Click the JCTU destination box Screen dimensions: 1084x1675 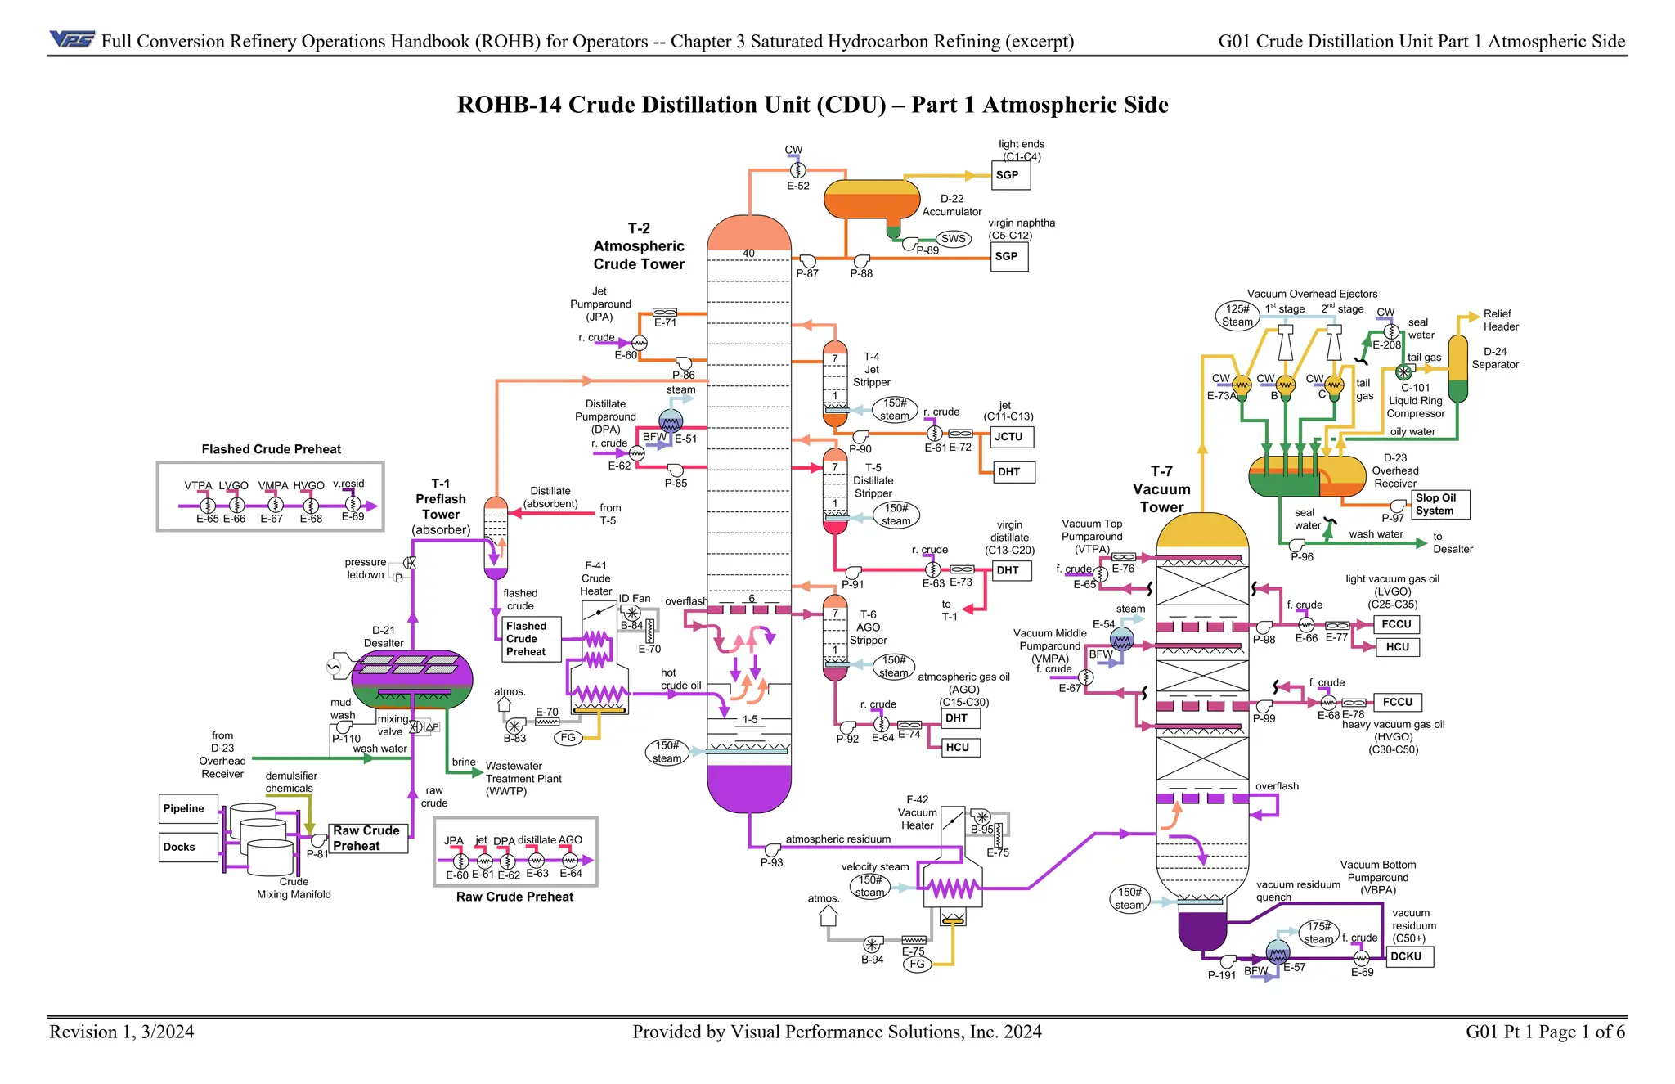tap(1011, 437)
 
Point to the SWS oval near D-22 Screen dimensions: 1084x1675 tap(953, 239)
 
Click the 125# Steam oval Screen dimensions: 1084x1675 tap(1237, 315)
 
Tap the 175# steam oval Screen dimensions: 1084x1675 tap(1318, 933)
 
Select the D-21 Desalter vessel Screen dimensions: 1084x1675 tap(411, 680)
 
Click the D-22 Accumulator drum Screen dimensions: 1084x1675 tap(870, 199)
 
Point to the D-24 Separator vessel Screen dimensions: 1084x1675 tap(1457, 368)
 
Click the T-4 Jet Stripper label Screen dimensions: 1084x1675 tap(872, 369)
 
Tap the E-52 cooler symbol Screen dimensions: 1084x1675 tap(797, 169)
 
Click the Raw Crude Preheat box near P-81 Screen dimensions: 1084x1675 tap(367, 838)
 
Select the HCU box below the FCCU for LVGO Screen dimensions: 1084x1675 tap(1397, 647)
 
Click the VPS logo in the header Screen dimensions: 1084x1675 tap(72, 39)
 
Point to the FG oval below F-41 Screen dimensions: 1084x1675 tap(568, 737)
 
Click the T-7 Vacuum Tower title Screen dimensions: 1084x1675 tap(1161, 489)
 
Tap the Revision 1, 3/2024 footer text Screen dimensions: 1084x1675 tap(122, 1032)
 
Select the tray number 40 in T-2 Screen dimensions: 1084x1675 tap(748, 253)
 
